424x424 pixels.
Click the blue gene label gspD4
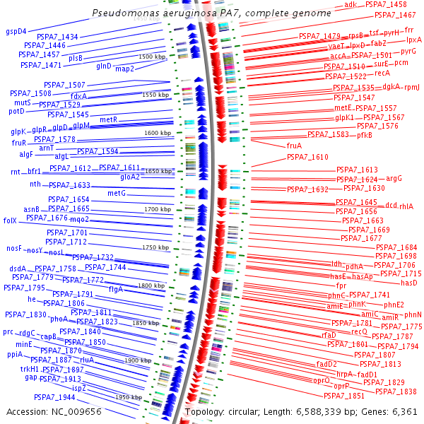click(x=16, y=31)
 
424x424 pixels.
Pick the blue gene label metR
click(x=108, y=120)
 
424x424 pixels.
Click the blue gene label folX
click(x=10, y=220)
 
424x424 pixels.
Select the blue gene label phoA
click(x=59, y=319)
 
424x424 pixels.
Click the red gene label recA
click(x=382, y=73)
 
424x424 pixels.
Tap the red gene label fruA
click(x=294, y=146)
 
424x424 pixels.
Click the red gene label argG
click(x=394, y=178)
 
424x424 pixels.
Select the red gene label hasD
click(x=409, y=283)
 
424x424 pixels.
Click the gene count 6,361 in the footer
click(x=405, y=411)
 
